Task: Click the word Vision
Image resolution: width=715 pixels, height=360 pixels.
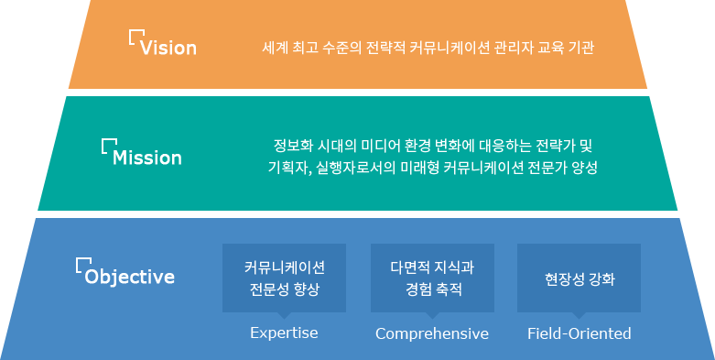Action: (x=168, y=48)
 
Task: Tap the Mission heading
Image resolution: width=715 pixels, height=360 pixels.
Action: (x=147, y=158)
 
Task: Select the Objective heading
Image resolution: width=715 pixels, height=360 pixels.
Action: (x=130, y=277)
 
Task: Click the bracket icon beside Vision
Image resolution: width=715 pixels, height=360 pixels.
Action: (x=136, y=37)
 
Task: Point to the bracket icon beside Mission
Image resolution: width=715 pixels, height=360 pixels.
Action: (x=109, y=146)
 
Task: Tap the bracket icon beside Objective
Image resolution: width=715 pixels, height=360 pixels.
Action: (x=83, y=265)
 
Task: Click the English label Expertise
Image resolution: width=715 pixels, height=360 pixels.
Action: (x=284, y=333)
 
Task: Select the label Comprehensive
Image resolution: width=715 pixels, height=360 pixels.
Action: (x=432, y=334)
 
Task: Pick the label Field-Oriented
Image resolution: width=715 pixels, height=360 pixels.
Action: (x=580, y=333)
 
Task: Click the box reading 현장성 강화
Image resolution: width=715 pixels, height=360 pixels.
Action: (x=580, y=278)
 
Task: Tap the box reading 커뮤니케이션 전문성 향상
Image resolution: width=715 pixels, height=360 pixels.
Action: (x=284, y=278)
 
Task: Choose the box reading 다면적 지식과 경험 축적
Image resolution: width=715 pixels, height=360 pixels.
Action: (x=432, y=278)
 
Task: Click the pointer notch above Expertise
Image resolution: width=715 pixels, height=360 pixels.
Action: (x=284, y=315)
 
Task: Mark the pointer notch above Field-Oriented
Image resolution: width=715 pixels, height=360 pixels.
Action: (x=580, y=315)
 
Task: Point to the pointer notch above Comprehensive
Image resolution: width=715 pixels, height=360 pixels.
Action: (x=432, y=315)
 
